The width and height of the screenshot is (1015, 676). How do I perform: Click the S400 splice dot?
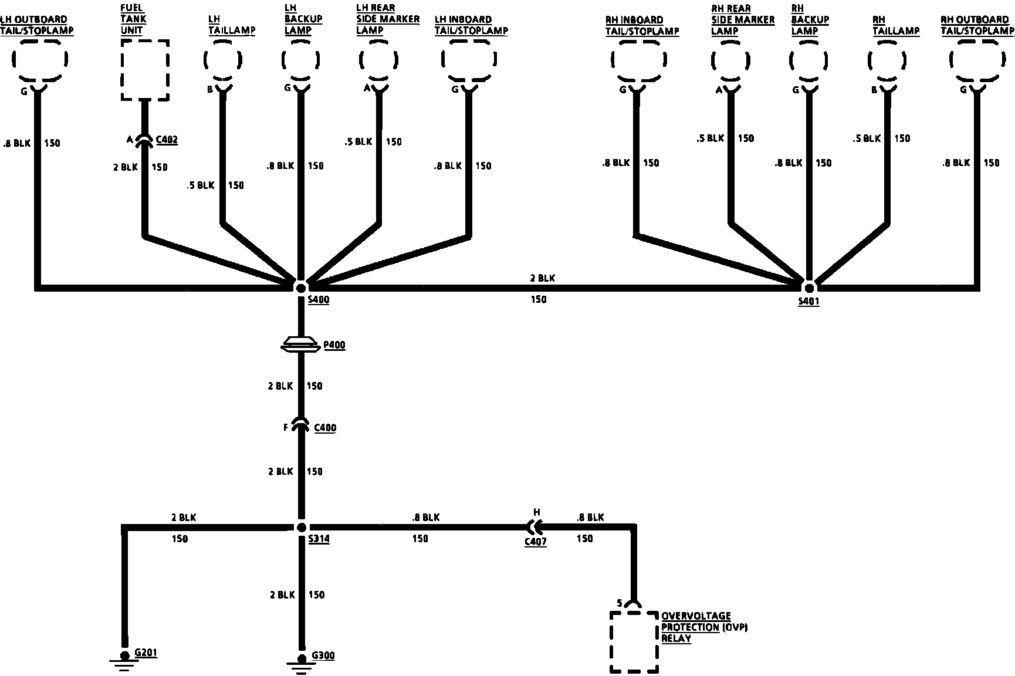(x=300, y=288)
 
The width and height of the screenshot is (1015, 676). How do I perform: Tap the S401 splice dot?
(x=809, y=288)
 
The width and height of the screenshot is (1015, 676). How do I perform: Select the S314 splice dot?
(x=301, y=527)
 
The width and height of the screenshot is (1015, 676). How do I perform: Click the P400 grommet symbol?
(x=300, y=345)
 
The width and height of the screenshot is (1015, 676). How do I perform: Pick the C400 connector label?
(x=325, y=428)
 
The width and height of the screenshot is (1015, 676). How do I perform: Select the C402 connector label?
(x=167, y=140)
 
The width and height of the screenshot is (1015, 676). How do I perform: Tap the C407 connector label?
(x=535, y=542)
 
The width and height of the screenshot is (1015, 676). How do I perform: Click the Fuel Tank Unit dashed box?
(x=145, y=70)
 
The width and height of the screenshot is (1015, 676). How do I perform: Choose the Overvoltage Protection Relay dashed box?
(x=634, y=642)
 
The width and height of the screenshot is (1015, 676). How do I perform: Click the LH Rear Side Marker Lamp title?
(x=388, y=19)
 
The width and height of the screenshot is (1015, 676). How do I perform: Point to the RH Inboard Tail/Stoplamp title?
(x=642, y=25)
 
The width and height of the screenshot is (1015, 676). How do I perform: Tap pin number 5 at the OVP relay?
(x=620, y=603)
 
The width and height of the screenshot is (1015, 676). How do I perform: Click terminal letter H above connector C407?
(x=536, y=512)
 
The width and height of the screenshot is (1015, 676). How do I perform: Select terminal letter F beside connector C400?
(x=286, y=428)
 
